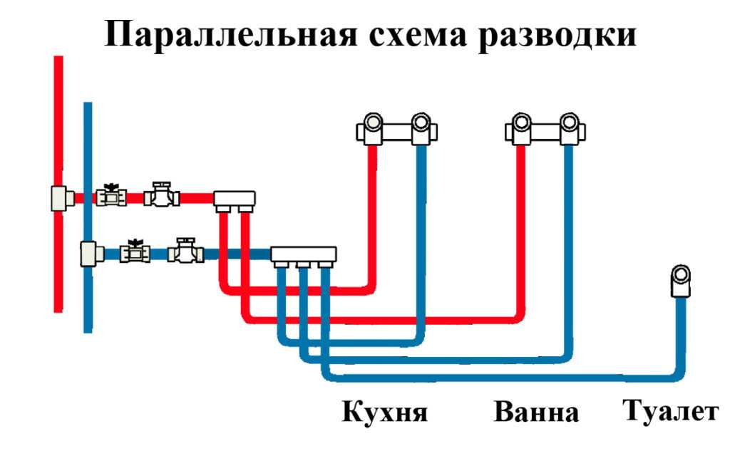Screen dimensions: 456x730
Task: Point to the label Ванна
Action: point(535,413)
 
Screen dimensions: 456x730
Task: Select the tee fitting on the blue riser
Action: point(88,252)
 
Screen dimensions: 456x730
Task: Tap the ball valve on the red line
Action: point(111,195)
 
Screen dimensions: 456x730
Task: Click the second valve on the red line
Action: point(161,195)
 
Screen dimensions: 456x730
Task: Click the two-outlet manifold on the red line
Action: point(235,199)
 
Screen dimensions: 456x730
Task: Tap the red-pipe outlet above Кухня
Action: point(372,129)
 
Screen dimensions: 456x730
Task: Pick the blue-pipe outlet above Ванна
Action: point(569,129)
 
